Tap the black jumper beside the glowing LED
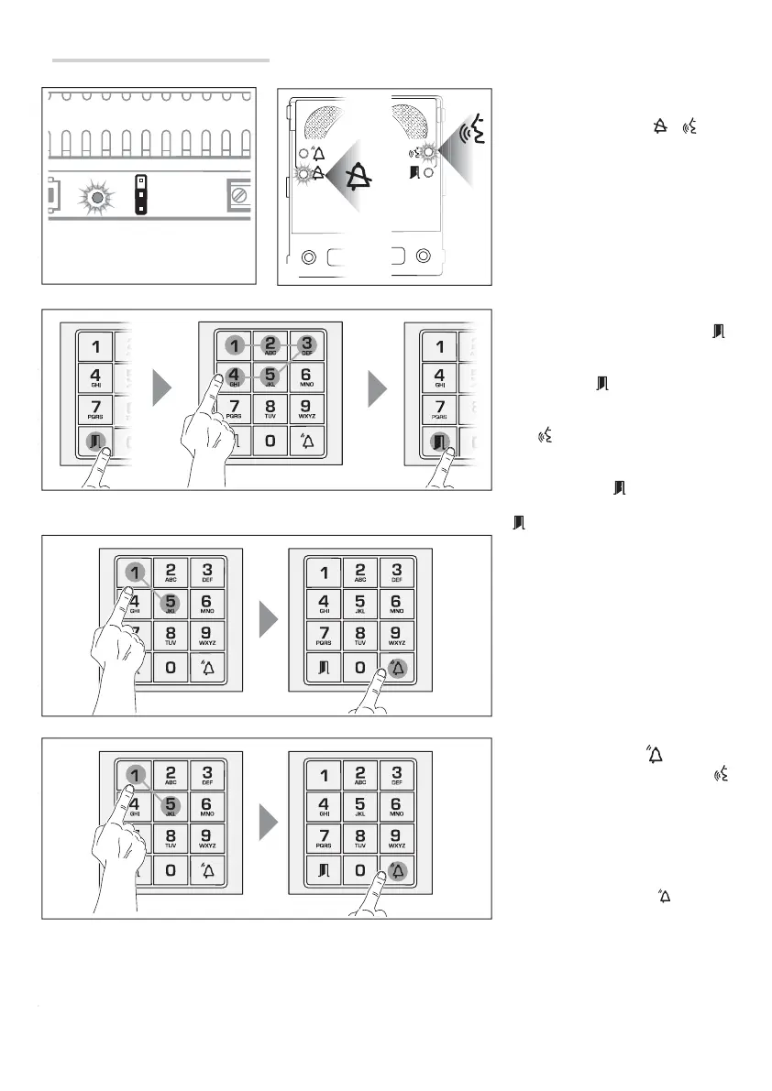pyautogui.click(x=140, y=194)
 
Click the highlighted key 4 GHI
pyautogui.click(x=234, y=376)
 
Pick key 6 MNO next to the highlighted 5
pyautogui.click(x=306, y=376)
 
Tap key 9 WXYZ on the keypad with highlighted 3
pyautogui.click(x=306, y=409)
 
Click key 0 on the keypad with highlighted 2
pyautogui.click(x=270, y=441)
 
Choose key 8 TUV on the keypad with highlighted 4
pyautogui.click(x=270, y=409)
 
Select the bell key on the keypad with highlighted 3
pyautogui.click(x=306, y=441)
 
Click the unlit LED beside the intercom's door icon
pyautogui.click(x=428, y=171)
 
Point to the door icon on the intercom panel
pyautogui.click(x=414, y=171)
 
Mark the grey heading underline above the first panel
pyautogui.click(x=160, y=61)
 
